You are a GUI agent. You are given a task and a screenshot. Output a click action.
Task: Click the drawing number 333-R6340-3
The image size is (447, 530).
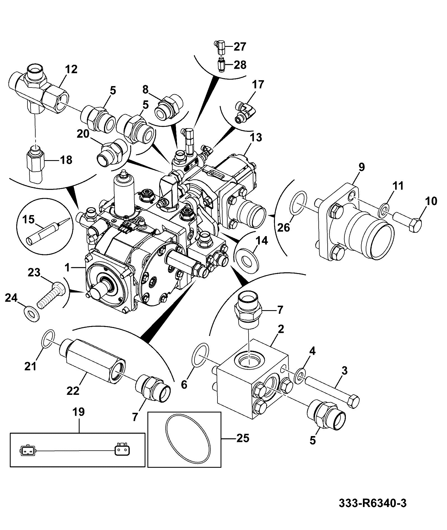pos(372,503)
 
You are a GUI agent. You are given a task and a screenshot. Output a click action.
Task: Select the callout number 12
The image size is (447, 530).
pos(71,69)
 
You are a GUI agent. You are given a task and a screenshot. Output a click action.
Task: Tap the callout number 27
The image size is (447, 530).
pos(240,47)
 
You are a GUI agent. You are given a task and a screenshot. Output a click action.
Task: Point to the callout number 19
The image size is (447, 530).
pos(78,412)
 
